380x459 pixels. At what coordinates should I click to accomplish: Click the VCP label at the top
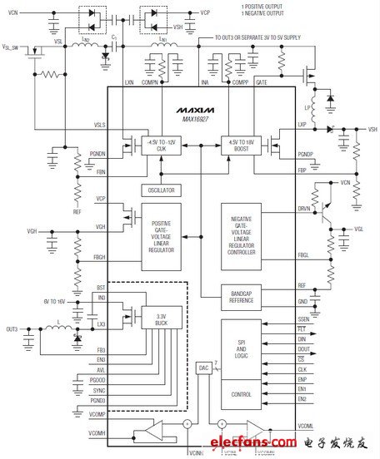(205, 13)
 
